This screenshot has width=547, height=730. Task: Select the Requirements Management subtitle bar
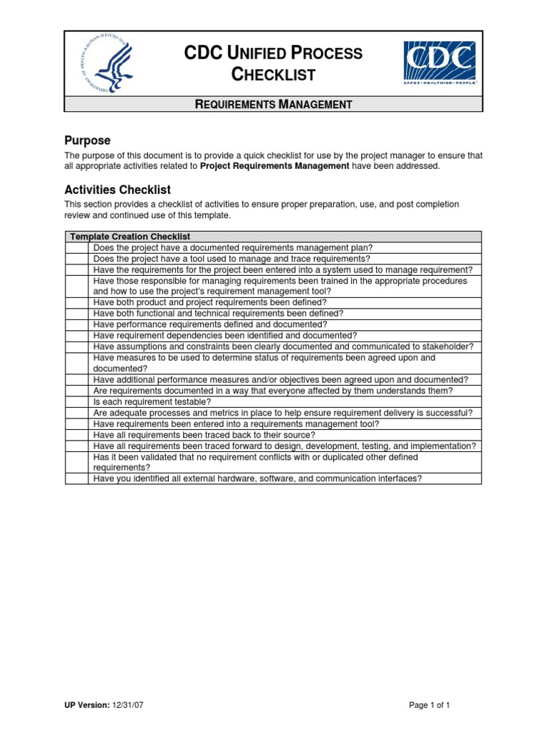click(x=273, y=104)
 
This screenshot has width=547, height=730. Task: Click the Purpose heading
click(x=87, y=140)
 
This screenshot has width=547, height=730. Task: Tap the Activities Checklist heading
click(x=117, y=190)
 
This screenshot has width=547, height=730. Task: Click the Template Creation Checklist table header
click(x=130, y=237)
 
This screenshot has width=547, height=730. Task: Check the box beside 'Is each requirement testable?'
click(x=78, y=402)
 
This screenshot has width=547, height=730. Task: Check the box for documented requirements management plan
click(x=78, y=248)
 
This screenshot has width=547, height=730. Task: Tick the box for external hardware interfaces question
click(x=78, y=479)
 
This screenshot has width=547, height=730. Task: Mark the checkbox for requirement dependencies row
click(x=78, y=336)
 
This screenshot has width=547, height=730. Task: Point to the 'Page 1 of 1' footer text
click(x=429, y=705)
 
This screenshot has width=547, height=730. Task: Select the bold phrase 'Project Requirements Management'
click(x=275, y=166)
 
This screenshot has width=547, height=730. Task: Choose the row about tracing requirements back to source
click(x=204, y=435)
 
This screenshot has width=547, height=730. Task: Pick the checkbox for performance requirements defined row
click(x=78, y=324)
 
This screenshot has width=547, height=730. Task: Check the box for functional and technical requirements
click(x=78, y=314)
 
